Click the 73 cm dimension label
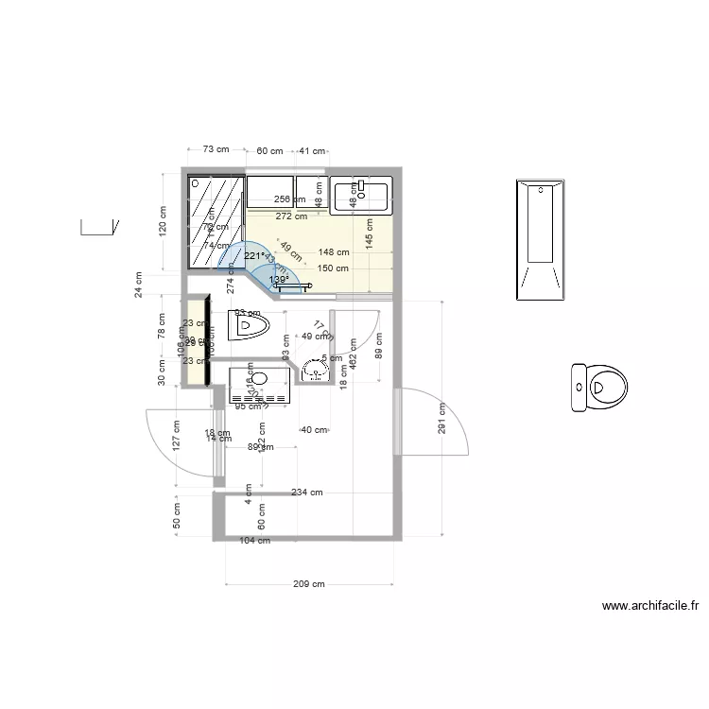[216, 149]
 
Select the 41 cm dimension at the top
[312, 150]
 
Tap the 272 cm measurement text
[291, 216]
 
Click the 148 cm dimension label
[334, 252]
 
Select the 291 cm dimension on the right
[441, 418]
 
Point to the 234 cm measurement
[306, 493]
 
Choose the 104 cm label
[253, 541]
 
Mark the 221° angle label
[253, 255]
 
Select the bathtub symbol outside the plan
[541, 240]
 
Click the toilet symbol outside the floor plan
[598, 388]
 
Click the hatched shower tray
[215, 223]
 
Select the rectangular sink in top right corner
[362, 193]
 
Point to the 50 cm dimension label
[177, 515]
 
